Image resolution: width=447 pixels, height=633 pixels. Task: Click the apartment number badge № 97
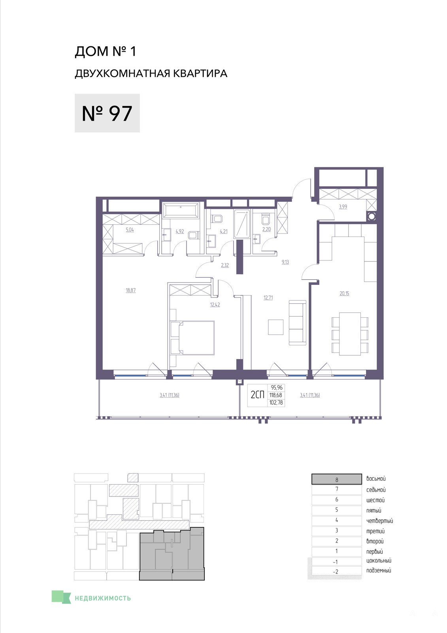(107, 113)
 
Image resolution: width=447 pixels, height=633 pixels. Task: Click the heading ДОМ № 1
(105, 51)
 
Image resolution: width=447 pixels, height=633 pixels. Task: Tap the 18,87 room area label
(131, 290)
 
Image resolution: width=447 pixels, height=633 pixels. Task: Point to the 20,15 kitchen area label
(344, 293)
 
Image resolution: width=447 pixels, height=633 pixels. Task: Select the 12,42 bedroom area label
(215, 305)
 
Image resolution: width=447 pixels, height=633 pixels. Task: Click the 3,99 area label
(343, 207)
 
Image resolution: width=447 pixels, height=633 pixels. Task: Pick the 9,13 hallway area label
(285, 262)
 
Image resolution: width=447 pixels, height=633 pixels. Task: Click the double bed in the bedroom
(192, 337)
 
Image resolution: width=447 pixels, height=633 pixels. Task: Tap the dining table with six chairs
(350, 334)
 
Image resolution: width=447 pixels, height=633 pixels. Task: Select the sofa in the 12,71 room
(298, 322)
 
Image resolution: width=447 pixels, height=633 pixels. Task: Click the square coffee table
(275, 327)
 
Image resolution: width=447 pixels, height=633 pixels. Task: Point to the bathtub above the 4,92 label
(181, 210)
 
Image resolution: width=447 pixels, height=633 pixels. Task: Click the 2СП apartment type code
(257, 395)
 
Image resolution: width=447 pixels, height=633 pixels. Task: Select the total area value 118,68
(276, 395)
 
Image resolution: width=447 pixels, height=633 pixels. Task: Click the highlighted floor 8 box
(337, 479)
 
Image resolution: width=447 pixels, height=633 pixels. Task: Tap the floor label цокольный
(379, 561)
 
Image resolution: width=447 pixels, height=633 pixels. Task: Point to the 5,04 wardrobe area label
(130, 230)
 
